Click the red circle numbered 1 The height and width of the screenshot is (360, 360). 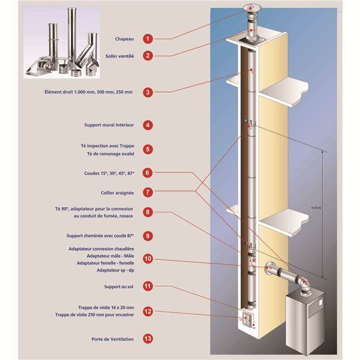148,39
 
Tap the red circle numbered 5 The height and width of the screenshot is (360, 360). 148,149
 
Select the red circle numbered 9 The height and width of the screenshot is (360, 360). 148,236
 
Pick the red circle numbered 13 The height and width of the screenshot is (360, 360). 148,338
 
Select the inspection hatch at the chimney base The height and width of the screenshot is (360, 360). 246,320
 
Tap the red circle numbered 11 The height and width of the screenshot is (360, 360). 148,287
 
